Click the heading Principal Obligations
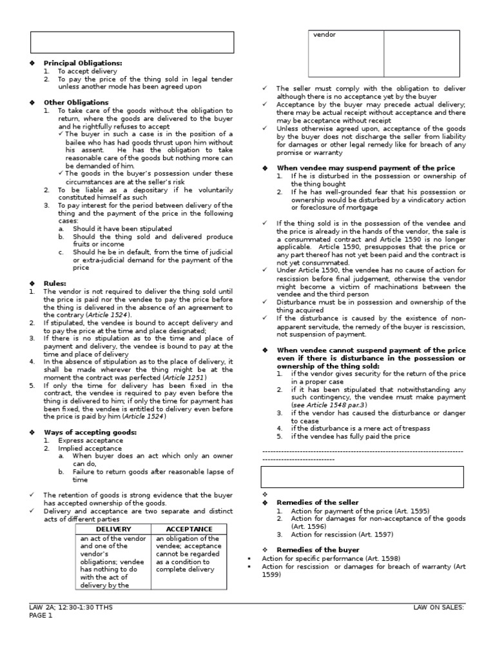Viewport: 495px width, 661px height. click(x=82, y=63)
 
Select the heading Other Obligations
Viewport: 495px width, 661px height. click(x=76, y=102)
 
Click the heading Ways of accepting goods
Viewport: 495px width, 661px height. click(x=90, y=431)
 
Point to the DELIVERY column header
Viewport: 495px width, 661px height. click(x=113, y=529)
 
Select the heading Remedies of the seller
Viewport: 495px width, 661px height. click(x=317, y=502)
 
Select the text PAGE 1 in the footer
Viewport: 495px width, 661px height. click(x=39, y=615)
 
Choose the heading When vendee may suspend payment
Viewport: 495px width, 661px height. click(x=365, y=167)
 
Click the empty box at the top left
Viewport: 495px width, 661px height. click(x=131, y=42)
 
